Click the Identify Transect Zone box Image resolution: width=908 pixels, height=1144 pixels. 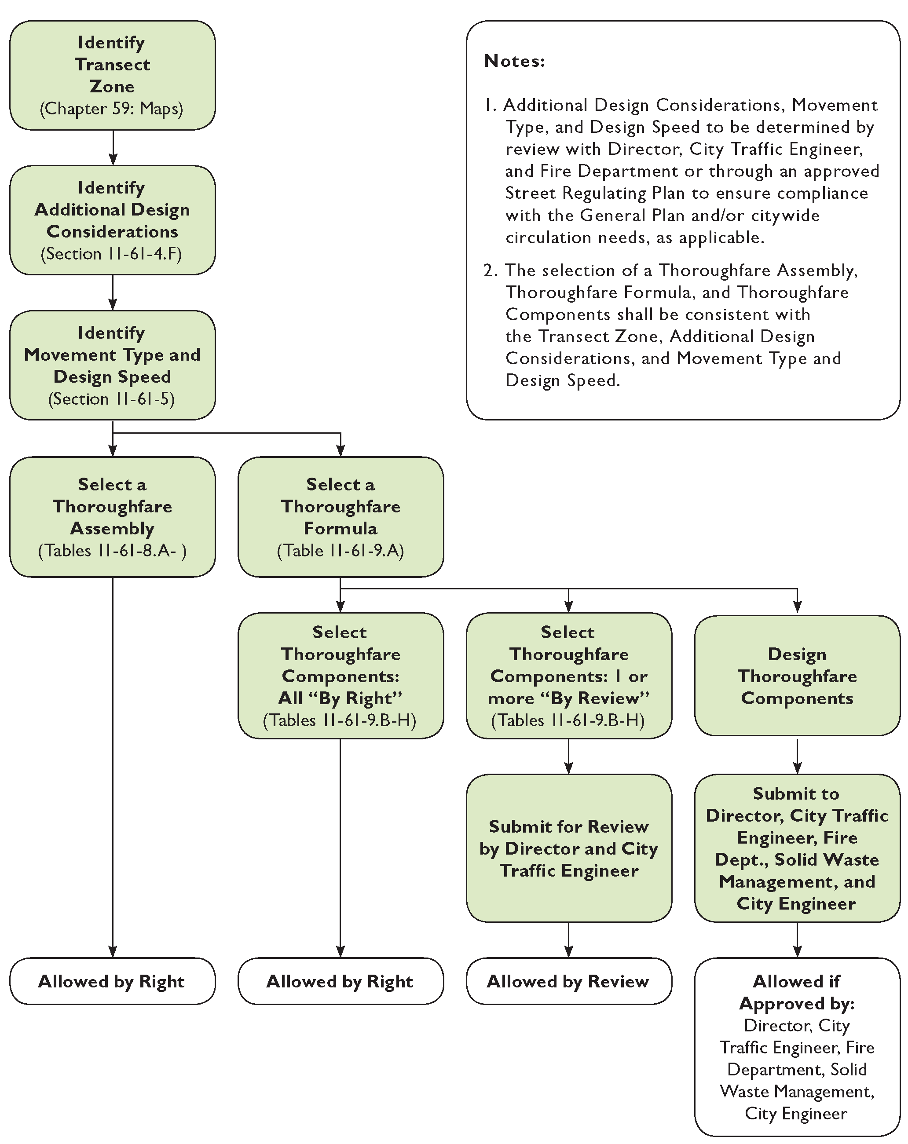pos(112,75)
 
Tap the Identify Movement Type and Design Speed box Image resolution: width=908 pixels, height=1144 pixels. pos(112,365)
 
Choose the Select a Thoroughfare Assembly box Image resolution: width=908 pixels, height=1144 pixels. pos(112,516)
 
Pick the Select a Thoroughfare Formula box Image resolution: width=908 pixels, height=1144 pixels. pos(340,516)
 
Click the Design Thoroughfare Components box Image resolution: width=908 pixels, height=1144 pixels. pos(797,676)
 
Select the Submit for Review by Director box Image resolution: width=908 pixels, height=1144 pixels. pos(568,848)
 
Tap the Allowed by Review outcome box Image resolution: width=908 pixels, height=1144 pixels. pos(568,981)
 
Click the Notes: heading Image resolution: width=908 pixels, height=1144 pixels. pos(514,61)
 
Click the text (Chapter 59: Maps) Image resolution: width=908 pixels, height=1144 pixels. pos(111,109)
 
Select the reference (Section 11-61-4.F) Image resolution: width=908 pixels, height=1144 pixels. pos(111,254)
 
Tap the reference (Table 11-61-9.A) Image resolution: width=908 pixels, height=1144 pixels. pos(340,551)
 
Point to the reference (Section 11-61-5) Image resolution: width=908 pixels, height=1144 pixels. pos(111,399)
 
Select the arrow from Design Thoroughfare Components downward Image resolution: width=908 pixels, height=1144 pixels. pos(797,756)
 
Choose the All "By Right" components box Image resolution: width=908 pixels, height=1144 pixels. pos(340,676)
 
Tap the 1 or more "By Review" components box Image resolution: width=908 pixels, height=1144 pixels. pos(568,676)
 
